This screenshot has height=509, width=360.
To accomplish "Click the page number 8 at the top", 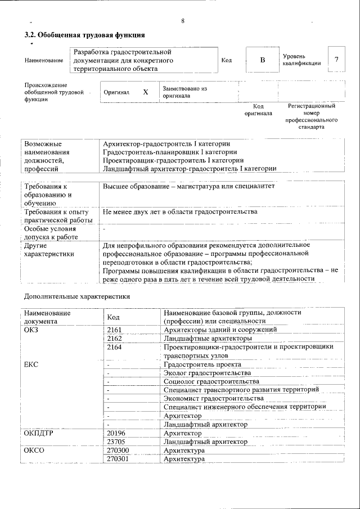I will (183, 21).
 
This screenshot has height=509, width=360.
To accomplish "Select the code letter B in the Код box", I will (262, 60).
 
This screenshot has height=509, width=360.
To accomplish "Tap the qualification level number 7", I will (336, 60).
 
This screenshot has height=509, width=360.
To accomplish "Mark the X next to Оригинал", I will (145, 92).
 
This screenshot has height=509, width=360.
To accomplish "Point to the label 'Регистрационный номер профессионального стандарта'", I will (311, 116).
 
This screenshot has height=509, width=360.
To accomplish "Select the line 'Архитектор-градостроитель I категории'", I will (166, 144).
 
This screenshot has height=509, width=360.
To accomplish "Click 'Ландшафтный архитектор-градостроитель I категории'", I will (190, 168).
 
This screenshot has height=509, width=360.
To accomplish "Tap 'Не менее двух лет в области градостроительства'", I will (180, 211).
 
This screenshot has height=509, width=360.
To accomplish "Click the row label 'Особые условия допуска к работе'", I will (49, 233).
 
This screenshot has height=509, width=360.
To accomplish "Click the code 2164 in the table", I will (114, 347).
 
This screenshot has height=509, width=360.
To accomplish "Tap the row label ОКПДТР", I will (42, 434).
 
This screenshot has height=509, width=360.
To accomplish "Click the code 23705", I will (115, 442).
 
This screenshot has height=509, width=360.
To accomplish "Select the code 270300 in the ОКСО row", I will (117, 451).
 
